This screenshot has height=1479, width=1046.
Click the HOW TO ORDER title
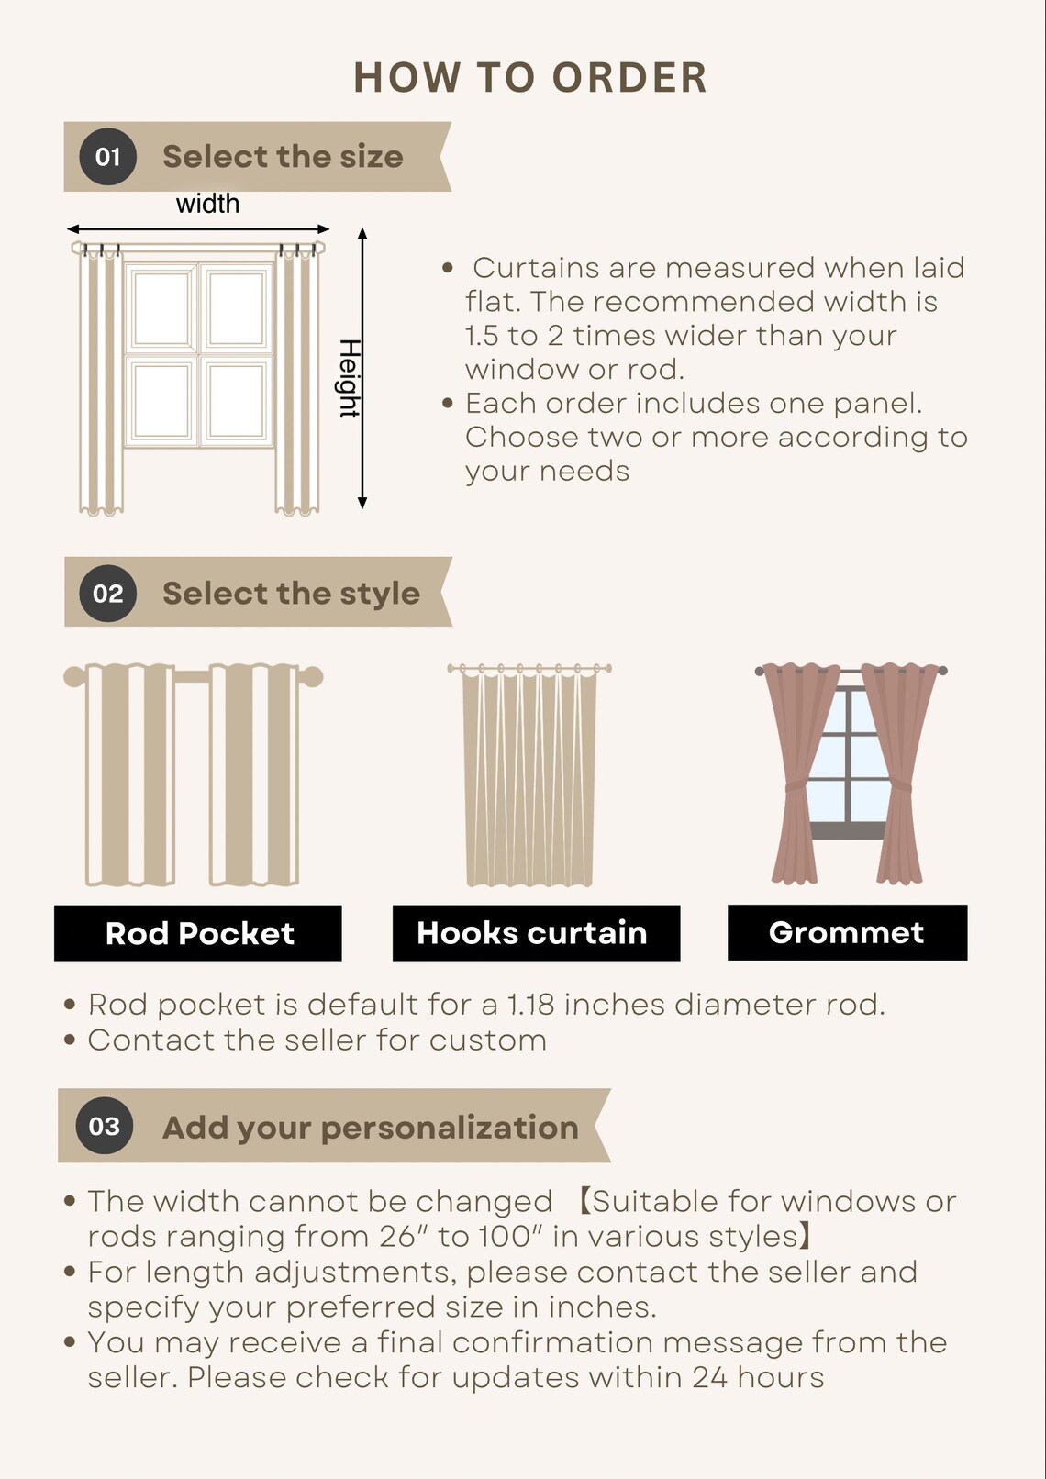coord(530,77)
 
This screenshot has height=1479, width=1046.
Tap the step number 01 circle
coord(107,157)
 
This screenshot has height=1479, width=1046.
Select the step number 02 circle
coord(107,593)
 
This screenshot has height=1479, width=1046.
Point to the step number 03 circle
coord(105,1126)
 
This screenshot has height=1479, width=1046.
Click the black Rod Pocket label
coord(198,933)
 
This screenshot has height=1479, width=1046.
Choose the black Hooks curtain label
coord(536,933)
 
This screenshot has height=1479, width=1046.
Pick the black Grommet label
coord(847,932)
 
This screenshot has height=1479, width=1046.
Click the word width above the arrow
coord(207,204)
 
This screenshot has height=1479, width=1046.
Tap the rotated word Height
coord(350,378)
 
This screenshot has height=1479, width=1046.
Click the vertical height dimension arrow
coord(362,369)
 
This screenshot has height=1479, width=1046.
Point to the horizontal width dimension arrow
coord(198,229)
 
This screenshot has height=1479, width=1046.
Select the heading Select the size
coord(283,157)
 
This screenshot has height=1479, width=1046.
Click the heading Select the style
coord(291,594)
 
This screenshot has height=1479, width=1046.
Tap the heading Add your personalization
coord(371,1128)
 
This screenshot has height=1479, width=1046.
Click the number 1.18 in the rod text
coord(530,1005)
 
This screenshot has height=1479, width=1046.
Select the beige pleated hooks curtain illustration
coord(529,775)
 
